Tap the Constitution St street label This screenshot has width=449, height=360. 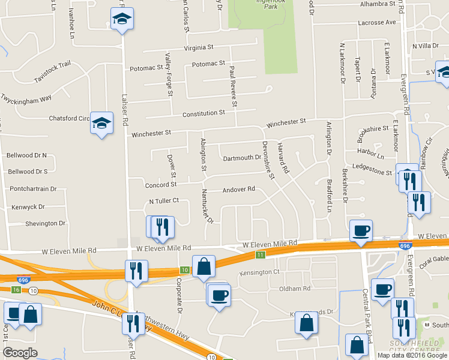tap(203, 113)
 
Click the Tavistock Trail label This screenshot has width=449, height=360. tap(52, 71)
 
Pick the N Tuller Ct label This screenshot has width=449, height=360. tap(164, 201)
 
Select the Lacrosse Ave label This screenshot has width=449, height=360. tap(376, 22)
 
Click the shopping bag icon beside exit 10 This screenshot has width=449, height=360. tap(203, 266)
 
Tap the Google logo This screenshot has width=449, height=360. tap(20, 352)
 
